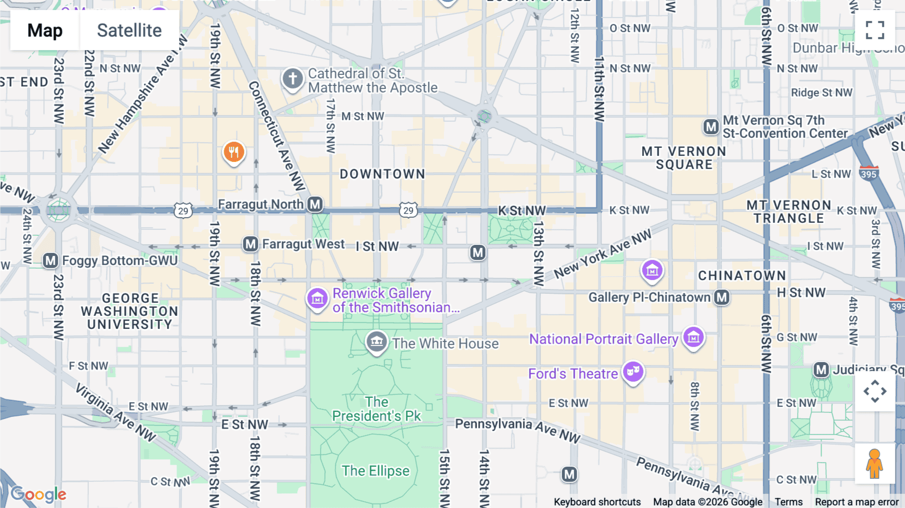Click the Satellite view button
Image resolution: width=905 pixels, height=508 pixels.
(x=129, y=30)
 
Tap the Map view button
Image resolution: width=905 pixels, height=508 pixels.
(x=45, y=30)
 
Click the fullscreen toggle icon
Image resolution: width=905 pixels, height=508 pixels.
(x=875, y=30)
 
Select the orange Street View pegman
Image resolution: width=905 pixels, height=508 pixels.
(x=874, y=463)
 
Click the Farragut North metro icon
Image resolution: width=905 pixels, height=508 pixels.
(x=315, y=204)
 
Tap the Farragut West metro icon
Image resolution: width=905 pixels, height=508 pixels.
(x=250, y=244)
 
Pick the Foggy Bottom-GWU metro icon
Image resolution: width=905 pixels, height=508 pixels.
(x=50, y=261)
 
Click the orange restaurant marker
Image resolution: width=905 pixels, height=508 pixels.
(x=234, y=152)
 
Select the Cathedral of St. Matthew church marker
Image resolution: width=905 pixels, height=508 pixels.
(x=293, y=78)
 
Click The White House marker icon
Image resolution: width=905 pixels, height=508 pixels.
(x=376, y=342)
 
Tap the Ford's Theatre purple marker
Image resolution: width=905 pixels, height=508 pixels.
(x=633, y=372)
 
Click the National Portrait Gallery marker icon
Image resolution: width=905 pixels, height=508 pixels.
(x=693, y=337)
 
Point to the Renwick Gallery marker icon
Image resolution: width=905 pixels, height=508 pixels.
(x=317, y=299)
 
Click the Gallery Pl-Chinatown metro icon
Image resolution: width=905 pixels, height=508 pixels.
(x=722, y=297)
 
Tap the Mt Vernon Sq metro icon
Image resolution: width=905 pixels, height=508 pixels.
(x=711, y=127)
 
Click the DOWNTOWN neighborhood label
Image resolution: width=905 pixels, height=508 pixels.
(x=382, y=174)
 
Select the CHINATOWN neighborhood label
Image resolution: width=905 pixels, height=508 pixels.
(x=742, y=276)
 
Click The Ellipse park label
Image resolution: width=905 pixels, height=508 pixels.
(x=376, y=471)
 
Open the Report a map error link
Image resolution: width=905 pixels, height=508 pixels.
(x=857, y=502)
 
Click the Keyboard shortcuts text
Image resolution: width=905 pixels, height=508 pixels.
(x=597, y=502)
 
